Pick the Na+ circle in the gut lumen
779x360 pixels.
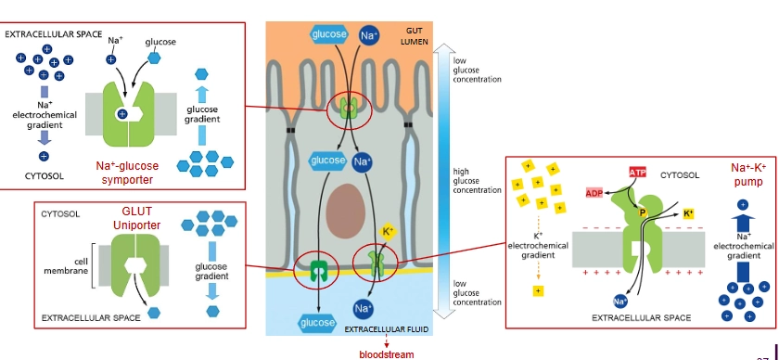point(368,35)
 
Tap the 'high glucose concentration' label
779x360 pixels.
point(477,180)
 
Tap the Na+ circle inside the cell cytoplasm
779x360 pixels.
point(364,161)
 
